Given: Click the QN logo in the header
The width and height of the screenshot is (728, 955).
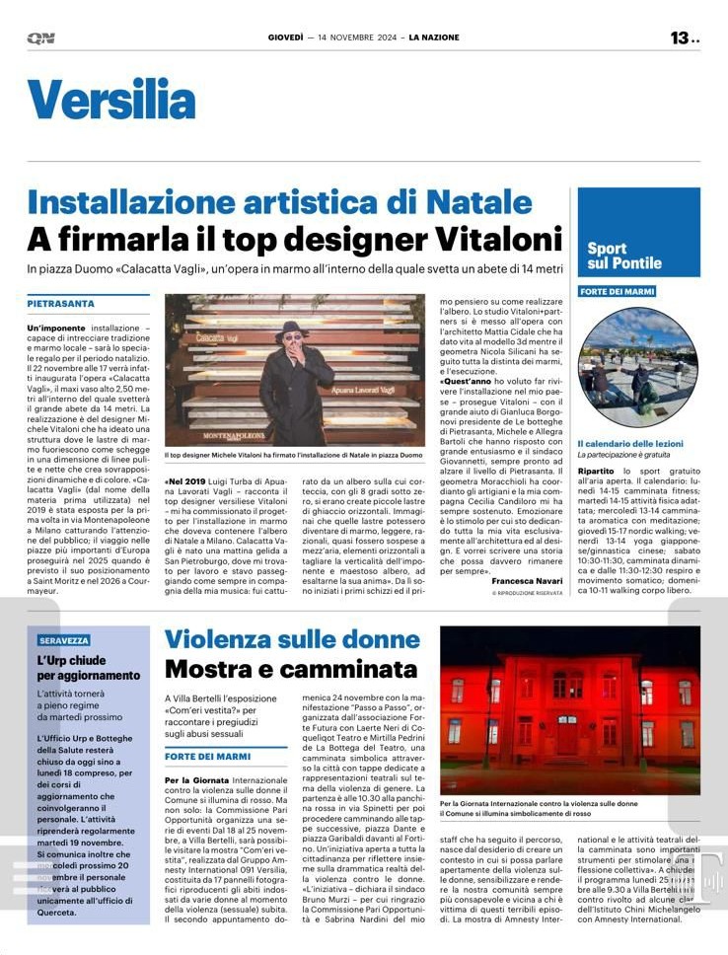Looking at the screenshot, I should click(x=40, y=37).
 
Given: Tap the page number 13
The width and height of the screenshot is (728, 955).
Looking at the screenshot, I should click(x=680, y=37).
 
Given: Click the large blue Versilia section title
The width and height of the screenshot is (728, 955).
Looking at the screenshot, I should click(x=111, y=101).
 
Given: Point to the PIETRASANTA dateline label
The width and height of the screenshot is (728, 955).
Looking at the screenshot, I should click(x=61, y=304).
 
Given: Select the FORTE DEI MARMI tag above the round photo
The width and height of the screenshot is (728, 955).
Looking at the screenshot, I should click(x=617, y=291).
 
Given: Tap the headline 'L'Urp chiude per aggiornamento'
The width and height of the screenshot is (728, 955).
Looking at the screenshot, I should click(x=89, y=668).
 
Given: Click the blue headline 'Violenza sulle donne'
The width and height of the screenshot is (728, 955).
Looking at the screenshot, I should click(x=292, y=638).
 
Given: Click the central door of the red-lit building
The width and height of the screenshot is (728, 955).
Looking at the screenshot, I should click(x=566, y=734).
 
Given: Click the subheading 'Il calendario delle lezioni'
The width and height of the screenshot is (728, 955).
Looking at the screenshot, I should click(x=629, y=444).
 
